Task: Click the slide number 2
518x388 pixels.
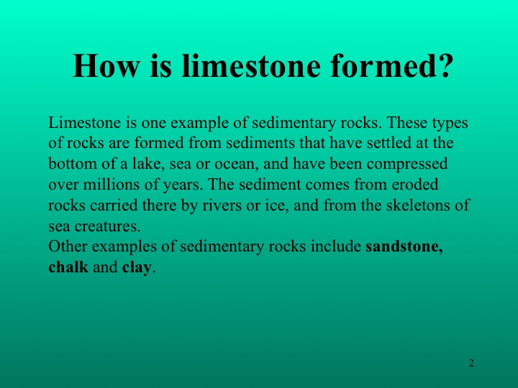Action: (x=471, y=363)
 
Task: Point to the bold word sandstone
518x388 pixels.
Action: (x=404, y=246)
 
